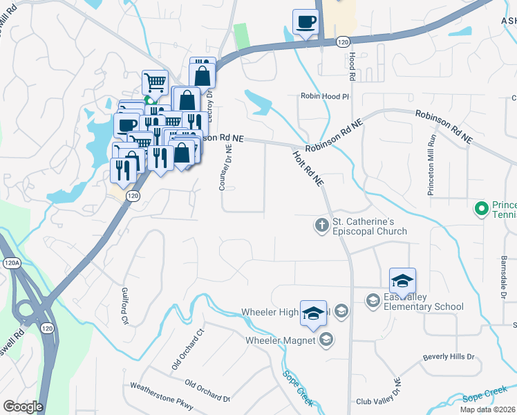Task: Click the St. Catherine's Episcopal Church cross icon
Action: tap(321, 225)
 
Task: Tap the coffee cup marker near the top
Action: tap(305, 21)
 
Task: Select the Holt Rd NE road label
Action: tap(308, 169)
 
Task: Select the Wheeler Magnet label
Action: tap(281, 340)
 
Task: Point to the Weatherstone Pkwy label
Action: tap(160, 394)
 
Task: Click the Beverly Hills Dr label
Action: tap(449, 357)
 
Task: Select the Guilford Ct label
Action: tap(125, 306)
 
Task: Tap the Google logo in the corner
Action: tap(23, 407)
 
